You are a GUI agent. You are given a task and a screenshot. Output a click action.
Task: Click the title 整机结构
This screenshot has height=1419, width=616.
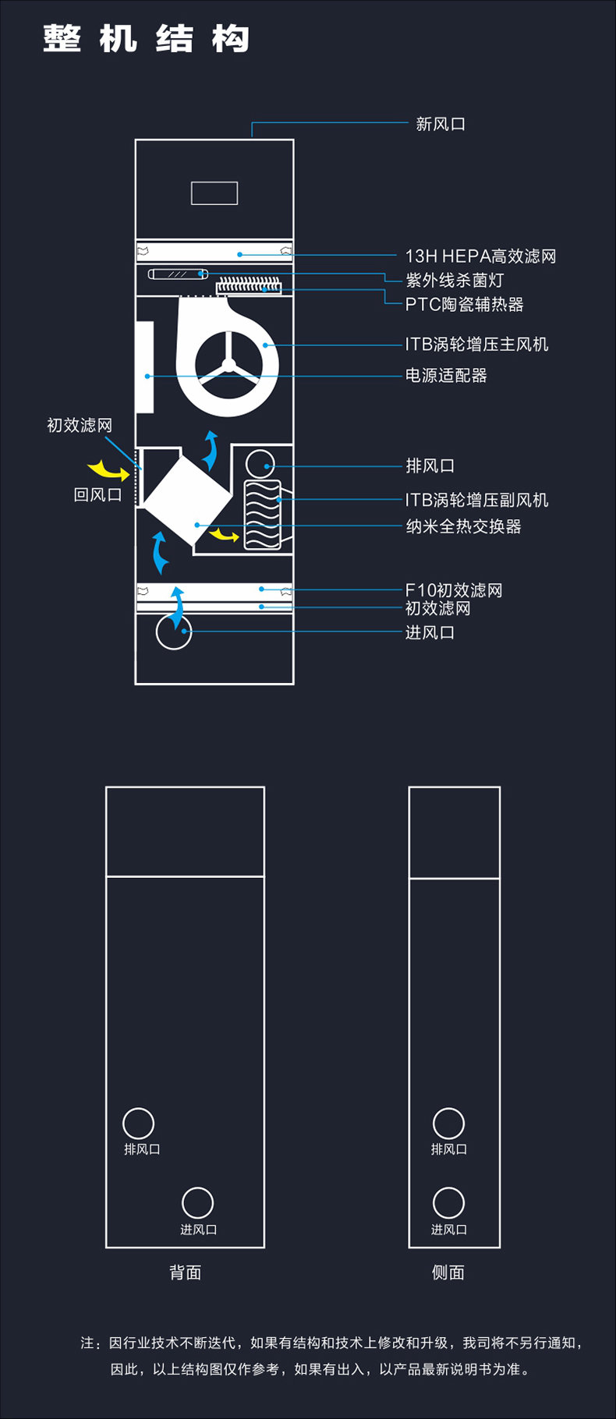[x=146, y=39]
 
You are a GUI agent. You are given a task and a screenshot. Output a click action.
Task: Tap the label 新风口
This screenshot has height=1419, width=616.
[x=441, y=124]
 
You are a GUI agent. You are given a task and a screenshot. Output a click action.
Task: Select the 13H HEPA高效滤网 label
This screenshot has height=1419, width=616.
[x=480, y=256]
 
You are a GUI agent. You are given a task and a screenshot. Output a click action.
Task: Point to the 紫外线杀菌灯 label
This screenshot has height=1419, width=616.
[x=455, y=280]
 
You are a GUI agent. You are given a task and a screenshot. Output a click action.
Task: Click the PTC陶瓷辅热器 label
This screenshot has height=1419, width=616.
[x=464, y=304]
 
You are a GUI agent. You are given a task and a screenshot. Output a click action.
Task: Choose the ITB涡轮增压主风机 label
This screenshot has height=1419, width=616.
[x=476, y=344]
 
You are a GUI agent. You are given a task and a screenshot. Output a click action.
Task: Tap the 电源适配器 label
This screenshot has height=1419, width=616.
[x=446, y=376]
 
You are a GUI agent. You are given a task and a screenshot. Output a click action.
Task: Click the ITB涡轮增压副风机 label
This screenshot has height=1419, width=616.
[x=476, y=500]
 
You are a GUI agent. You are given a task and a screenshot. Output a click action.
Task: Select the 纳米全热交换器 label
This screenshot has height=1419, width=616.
[x=463, y=526]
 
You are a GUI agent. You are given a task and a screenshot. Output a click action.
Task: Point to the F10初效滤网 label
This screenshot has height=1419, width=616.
[x=454, y=590]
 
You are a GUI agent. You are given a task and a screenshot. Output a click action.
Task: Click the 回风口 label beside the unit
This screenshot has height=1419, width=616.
[x=97, y=494]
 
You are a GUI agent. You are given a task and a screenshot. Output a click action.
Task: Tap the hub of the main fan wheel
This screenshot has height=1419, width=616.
[x=228, y=365]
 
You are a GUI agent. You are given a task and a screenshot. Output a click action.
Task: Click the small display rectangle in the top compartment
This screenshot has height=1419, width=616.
[x=214, y=193]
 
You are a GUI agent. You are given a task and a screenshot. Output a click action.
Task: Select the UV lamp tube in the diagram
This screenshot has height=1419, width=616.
[x=178, y=274]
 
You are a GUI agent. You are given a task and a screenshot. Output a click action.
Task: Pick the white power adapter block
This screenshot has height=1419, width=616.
[x=144, y=367]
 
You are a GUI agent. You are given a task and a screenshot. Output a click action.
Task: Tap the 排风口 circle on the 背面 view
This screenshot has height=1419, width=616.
[x=139, y=1124]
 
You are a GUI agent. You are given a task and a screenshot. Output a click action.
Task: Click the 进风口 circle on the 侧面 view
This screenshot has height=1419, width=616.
[x=448, y=1203]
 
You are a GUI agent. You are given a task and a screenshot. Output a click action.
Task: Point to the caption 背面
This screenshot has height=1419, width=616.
[x=186, y=1272]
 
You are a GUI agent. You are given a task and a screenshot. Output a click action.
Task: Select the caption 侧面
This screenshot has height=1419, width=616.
[x=448, y=1272]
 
